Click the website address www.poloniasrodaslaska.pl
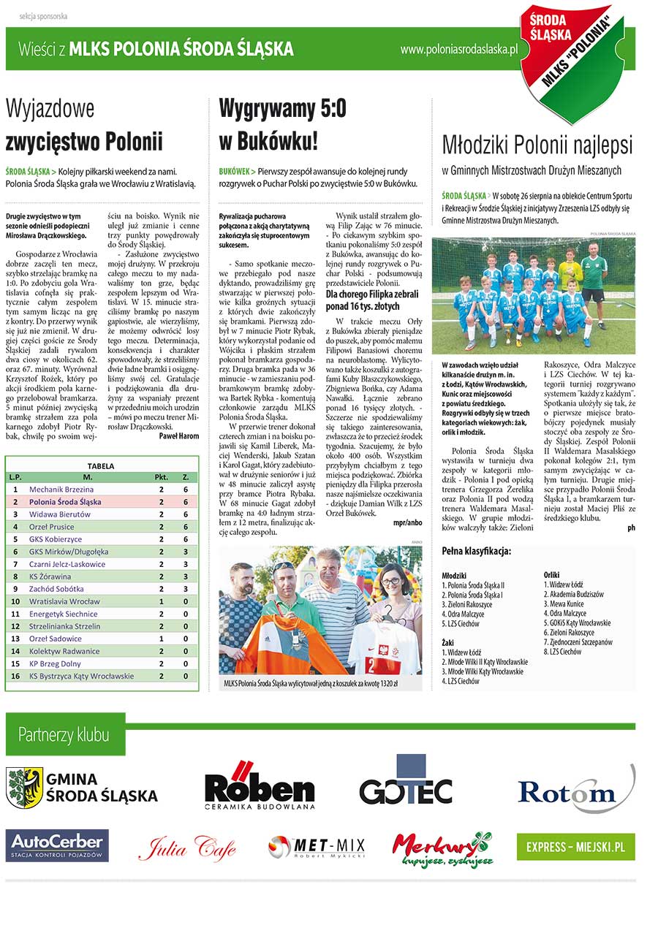459,49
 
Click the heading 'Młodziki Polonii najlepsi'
537,145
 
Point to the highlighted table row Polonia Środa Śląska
102,502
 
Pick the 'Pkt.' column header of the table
161,477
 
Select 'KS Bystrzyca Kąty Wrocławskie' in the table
82,676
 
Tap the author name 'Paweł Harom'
178,435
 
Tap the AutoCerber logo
58,845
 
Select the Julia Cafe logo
187,848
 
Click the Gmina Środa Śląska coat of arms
25,787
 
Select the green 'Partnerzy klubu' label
64,734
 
